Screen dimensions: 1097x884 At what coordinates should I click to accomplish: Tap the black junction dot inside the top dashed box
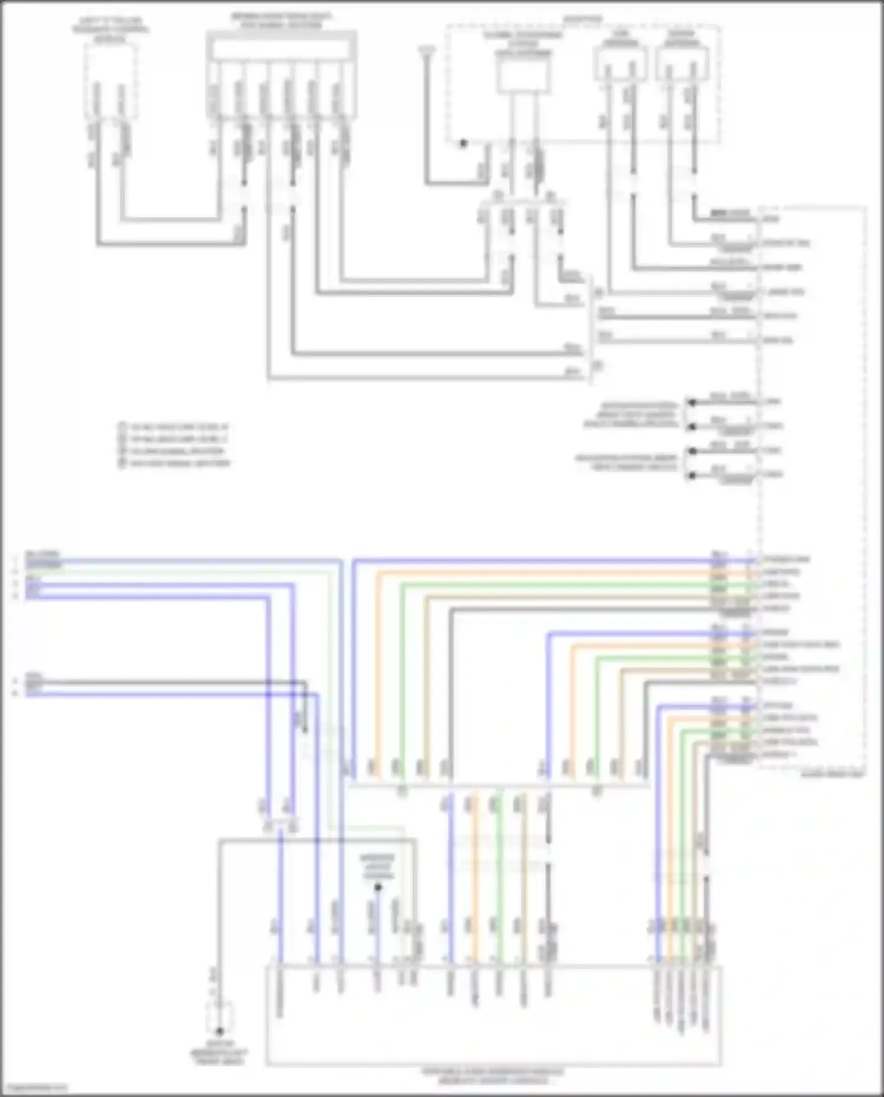(x=463, y=143)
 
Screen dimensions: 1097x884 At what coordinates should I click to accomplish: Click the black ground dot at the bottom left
(x=219, y=1031)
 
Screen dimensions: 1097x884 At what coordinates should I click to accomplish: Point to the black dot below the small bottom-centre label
(x=378, y=887)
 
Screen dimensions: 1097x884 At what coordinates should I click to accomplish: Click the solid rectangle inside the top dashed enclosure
(x=523, y=77)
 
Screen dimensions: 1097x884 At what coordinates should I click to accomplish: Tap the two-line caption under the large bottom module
(x=493, y=1076)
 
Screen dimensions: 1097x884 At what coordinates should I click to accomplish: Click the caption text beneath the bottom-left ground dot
(x=219, y=1053)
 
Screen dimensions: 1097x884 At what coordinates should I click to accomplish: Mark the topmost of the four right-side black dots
(x=692, y=403)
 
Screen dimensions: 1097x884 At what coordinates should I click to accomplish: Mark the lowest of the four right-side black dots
(x=692, y=475)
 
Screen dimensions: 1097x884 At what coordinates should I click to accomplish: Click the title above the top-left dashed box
(x=110, y=29)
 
